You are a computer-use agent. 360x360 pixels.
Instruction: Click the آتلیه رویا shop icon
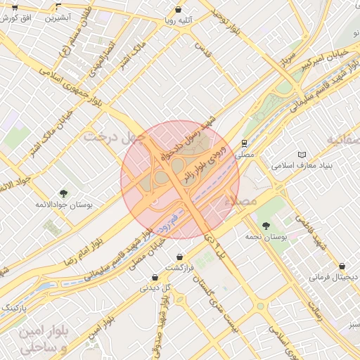[x=180, y=11]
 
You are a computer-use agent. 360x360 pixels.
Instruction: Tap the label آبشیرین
[x=61, y=19]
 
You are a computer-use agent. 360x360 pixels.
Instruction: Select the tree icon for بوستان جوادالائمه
[x=64, y=193]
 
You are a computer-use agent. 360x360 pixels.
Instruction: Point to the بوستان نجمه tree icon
[x=265, y=226]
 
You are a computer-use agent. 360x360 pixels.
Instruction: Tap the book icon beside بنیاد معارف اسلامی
[x=302, y=154]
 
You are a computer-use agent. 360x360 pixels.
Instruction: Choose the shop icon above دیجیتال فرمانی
[x=342, y=266]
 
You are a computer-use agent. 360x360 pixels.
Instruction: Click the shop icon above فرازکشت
[x=180, y=256]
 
